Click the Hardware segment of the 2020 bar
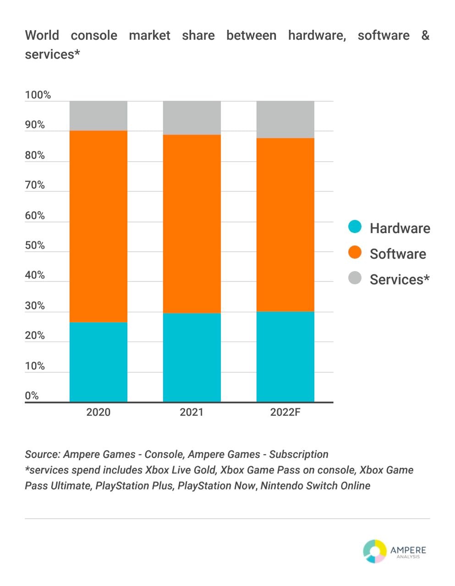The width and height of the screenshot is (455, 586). coord(99,362)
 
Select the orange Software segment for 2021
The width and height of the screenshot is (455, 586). coord(192,223)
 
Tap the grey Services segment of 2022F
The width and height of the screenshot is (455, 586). coord(285,119)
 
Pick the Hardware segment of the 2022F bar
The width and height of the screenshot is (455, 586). coord(285,357)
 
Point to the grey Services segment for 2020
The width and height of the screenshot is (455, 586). coord(99,116)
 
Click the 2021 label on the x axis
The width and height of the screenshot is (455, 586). coord(192,412)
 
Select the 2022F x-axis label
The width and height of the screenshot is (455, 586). coord(285,412)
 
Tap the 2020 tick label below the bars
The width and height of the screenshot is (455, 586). coord(99,412)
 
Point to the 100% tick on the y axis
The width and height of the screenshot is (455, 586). coord(38,95)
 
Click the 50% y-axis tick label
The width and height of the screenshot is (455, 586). coord(35,245)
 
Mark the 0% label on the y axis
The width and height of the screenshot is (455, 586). coord(32,396)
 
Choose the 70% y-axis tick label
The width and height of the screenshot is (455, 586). coord(35,185)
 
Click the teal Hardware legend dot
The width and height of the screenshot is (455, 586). coord(355,227)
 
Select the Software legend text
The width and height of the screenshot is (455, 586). coord(398,254)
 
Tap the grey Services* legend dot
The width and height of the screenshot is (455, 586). coord(355,278)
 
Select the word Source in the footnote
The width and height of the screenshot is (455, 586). coord(42,455)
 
